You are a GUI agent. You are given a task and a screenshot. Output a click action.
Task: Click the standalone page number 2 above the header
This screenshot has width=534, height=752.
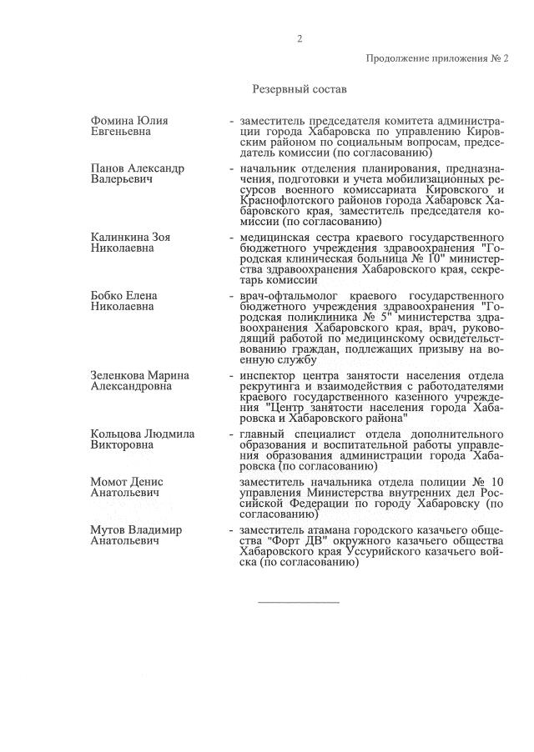click(x=300, y=38)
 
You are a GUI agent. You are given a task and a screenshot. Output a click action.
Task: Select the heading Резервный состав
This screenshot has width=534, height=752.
click(x=299, y=89)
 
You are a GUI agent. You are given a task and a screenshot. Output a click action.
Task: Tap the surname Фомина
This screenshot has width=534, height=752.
click(x=113, y=121)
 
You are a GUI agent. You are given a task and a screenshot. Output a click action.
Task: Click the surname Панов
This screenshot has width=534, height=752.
click(x=110, y=168)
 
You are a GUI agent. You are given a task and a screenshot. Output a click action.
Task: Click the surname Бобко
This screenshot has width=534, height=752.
click(x=108, y=296)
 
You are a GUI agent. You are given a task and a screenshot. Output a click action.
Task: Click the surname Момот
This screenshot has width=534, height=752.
click(x=110, y=482)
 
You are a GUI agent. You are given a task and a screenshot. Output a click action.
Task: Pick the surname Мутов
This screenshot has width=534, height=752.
click(x=108, y=529)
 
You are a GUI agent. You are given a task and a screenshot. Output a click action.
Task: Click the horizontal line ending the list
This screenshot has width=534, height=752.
click(x=299, y=601)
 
